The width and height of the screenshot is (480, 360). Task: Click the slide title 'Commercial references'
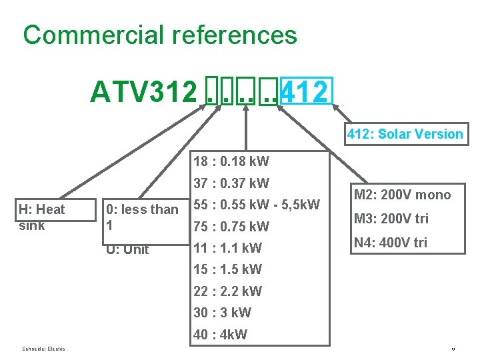(x=159, y=35)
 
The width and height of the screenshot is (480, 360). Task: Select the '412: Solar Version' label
(x=405, y=134)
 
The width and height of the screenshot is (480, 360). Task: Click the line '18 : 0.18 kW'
(x=231, y=161)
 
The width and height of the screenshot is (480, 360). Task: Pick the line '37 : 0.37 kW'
(x=231, y=183)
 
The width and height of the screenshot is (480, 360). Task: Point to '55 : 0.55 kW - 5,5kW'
(x=257, y=205)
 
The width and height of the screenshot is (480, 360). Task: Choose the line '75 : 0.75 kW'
(x=231, y=226)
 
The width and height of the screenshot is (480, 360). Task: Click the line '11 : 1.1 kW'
(x=227, y=248)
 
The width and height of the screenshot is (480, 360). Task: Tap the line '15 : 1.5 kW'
(x=227, y=269)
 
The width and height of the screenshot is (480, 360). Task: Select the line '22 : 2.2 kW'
(x=227, y=291)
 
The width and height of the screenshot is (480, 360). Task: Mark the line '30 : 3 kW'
(x=221, y=313)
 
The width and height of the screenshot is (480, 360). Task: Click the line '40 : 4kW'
(x=220, y=335)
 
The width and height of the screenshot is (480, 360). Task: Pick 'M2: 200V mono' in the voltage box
(x=402, y=195)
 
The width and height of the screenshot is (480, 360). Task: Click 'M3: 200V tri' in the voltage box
(x=391, y=219)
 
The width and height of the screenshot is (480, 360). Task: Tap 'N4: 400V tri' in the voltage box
(x=390, y=243)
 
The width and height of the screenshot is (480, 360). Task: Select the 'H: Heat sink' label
(x=42, y=217)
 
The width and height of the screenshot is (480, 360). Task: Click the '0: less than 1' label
(x=141, y=217)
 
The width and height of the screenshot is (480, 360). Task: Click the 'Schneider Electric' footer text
(x=43, y=349)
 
